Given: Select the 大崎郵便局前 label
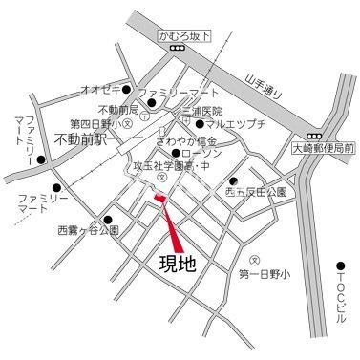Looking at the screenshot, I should click(323, 149).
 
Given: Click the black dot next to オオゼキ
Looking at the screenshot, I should click(125, 91).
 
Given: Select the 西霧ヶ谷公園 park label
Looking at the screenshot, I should click(88, 231).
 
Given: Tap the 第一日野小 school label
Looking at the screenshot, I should click(264, 276).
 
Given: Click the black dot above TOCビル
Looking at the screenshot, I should click(341, 265).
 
